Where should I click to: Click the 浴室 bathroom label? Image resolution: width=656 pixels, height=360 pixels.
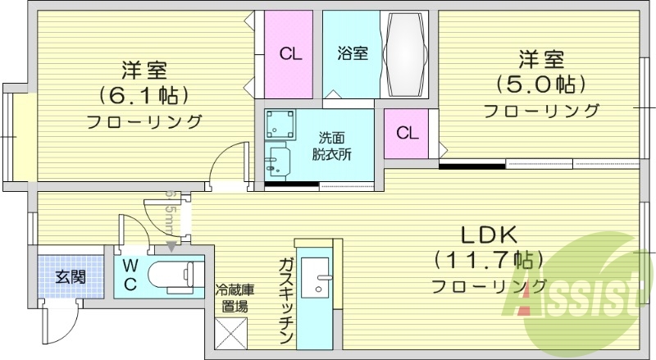[x=352, y=54]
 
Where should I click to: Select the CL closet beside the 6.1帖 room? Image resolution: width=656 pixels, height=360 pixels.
[x=289, y=55]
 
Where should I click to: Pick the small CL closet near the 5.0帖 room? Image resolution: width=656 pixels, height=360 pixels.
[x=408, y=133]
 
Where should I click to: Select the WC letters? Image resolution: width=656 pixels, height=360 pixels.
[x=130, y=275]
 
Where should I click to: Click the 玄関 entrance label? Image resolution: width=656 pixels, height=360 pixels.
[x=70, y=276]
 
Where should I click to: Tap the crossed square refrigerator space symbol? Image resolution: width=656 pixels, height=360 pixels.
[x=229, y=334]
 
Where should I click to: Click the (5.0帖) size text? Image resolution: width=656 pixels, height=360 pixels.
[x=539, y=84]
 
